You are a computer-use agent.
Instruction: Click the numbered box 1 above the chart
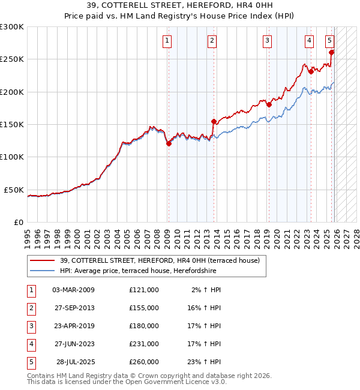click(x=166, y=41)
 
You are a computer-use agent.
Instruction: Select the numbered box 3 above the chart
click(x=267, y=41)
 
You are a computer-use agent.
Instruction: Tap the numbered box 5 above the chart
click(x=330, y=41)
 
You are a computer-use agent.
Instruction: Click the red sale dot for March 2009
click(x=169, y=143)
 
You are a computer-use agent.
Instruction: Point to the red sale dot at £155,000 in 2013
click(x=214, y=121)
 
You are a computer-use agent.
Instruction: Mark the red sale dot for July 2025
click(x=332, y=52)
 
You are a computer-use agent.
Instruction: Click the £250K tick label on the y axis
click(x=12, y=59)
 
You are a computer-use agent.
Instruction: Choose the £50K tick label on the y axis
click(x=14, y=190)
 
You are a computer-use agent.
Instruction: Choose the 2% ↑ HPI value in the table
click(x=206, y=289)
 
